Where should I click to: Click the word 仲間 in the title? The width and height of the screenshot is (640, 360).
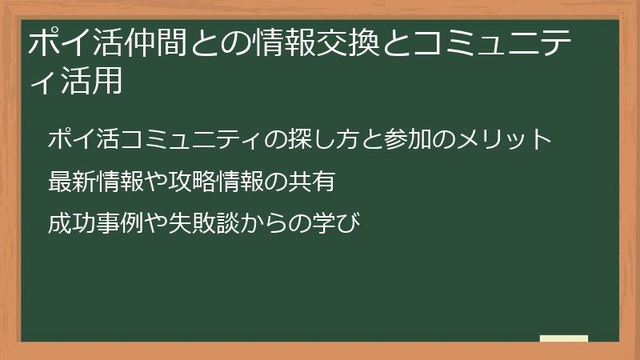tap(153, 42)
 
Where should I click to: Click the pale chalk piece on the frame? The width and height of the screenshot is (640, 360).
tap(563, 339)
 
